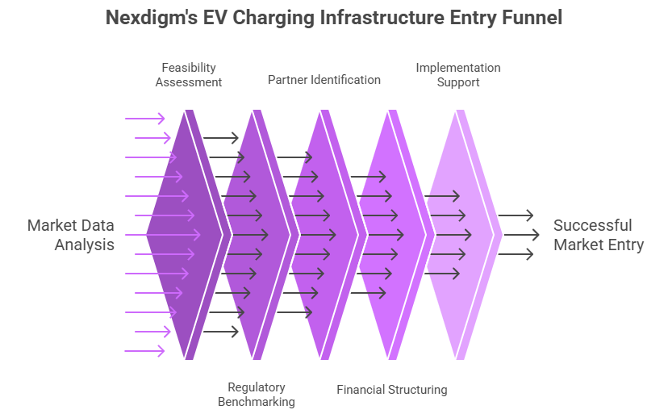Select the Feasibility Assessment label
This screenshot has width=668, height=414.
tap(189, 74)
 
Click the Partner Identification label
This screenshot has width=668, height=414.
tap(324, 80)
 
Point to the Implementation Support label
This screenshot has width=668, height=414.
tap(458, 74)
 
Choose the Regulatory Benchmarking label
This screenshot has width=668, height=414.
tap(257, 395)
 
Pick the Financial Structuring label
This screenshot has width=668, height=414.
tap(391, 390)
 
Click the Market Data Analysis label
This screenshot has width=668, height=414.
tap(71, 235)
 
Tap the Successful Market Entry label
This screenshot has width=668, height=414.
tap(599, 235)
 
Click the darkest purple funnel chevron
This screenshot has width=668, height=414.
tap(182, 235)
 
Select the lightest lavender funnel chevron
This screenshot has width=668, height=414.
tap(460, 235)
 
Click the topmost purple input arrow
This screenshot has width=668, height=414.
tap(145, 119)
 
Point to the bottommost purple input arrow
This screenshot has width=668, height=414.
tap(145, 351)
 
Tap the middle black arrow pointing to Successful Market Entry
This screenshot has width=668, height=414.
tap(516, 235)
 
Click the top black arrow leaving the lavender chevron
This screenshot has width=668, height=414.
tap(516, 215)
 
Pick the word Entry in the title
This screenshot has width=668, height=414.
tap(471, 18)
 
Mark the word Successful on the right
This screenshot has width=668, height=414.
tap(593, 225)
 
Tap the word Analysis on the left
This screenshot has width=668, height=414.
tap(85, 245)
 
